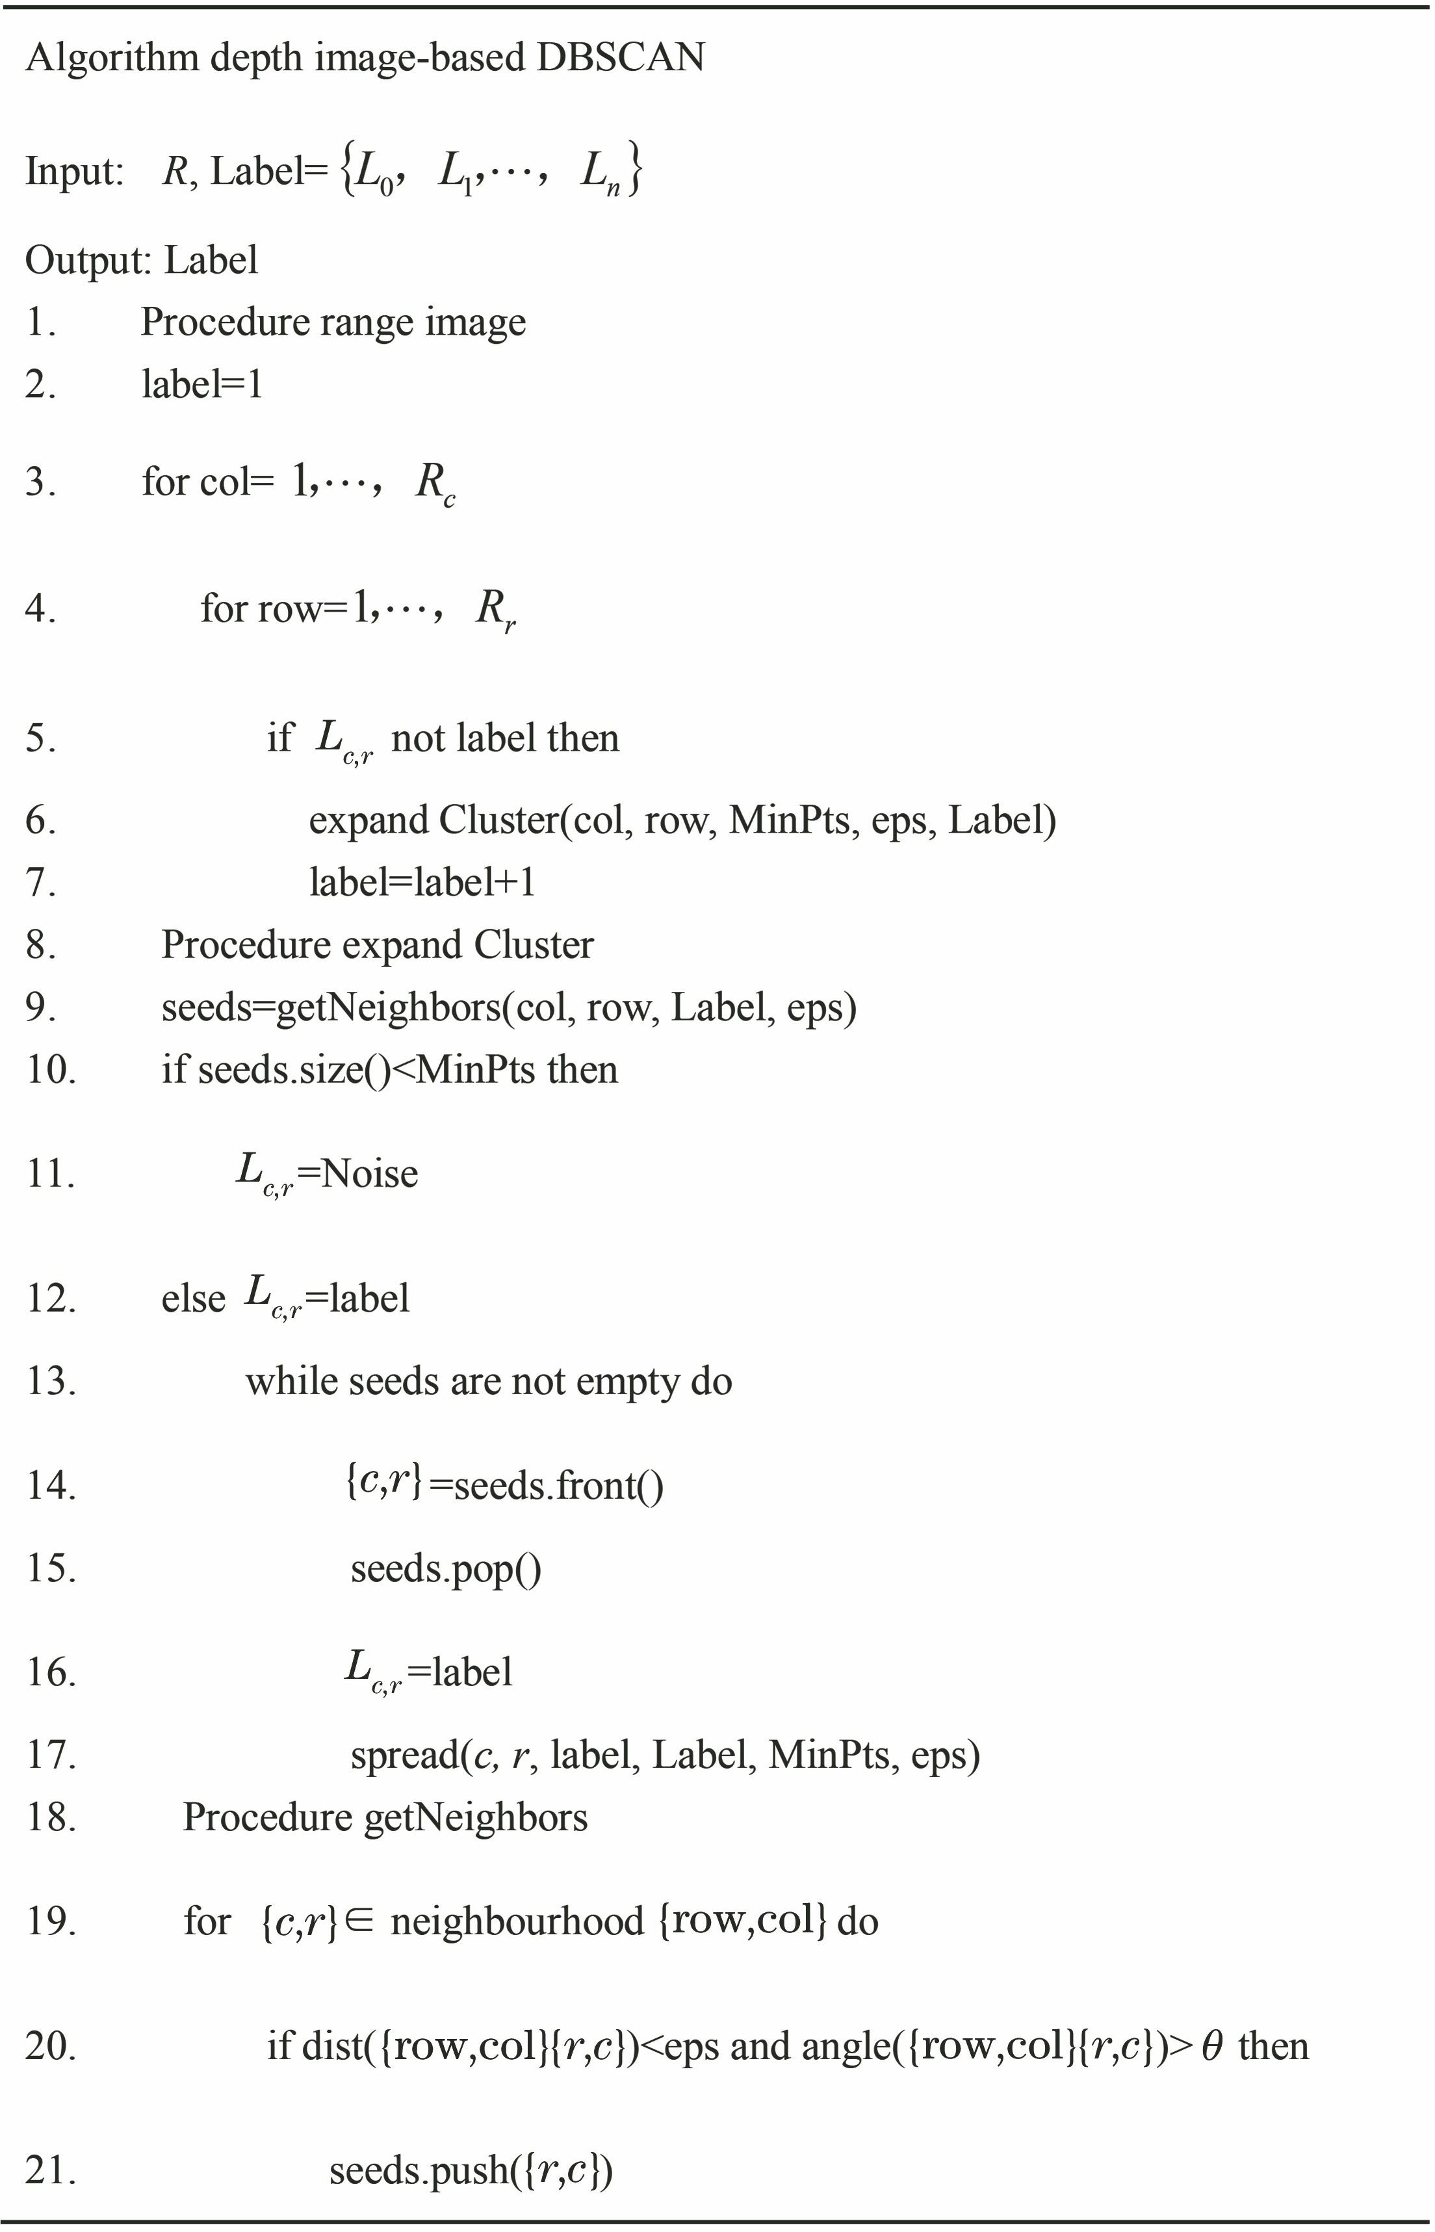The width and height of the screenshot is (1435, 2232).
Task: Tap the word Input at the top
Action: pyautogui.click(x=73, y=172)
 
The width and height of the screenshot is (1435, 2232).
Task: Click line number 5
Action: pyautogui.click(x=40, y=738)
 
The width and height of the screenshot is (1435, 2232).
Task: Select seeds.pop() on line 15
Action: pyautogui.click(x=445, y=1568)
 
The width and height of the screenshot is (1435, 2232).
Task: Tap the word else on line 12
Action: pyautogui.click(x=193, y=1298)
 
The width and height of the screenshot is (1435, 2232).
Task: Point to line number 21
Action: pyautogui.click(x=49, y=2170)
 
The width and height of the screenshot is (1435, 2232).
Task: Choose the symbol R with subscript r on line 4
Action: pyautogui.click(x=495, y=610)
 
